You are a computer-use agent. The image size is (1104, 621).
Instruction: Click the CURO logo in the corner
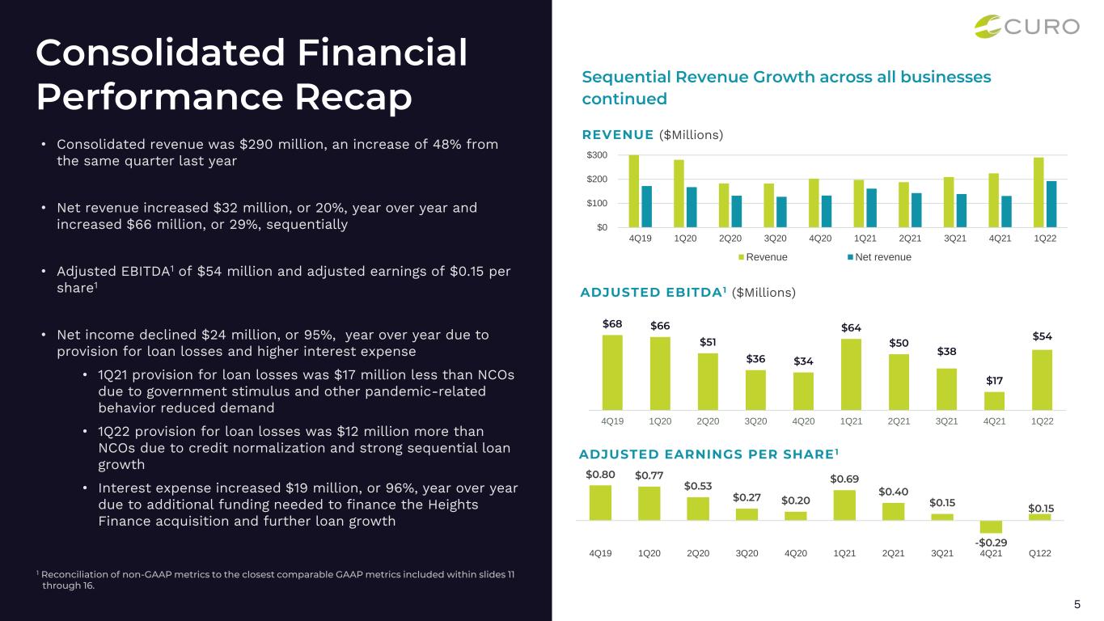(x=1026, y=27)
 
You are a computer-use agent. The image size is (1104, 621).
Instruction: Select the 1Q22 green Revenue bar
(x=1038, y=192)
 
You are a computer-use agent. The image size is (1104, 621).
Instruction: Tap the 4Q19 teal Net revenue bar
(x=647, y=206)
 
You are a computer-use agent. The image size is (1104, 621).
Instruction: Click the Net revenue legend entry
(x=879, y=257)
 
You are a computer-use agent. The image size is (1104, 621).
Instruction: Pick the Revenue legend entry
(x=763, y=257)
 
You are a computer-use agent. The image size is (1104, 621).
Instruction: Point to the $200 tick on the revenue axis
(x=597, y=179)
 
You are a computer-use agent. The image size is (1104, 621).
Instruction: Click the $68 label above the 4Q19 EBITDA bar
(x=612, y=323)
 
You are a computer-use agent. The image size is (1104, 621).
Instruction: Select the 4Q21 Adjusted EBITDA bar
(x=994, y=401)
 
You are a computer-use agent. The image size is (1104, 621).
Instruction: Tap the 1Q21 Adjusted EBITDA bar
(x=851, y=374)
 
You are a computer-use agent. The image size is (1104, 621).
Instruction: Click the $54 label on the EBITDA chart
(x=1043, y=336)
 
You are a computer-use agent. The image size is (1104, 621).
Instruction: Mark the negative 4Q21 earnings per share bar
(x=991, y=526)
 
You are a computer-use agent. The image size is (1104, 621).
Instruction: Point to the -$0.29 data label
(x=991, y=543)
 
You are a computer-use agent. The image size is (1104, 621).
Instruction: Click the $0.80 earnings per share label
(x=600, y=475)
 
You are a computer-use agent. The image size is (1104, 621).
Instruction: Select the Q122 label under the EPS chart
(x=1040, y=553)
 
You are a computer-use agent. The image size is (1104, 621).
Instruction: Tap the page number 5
(x=1077, y=604)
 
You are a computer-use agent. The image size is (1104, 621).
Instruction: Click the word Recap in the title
(x=353, y=96)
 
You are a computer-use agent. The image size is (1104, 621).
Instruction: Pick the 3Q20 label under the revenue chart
(x=776, y=239)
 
